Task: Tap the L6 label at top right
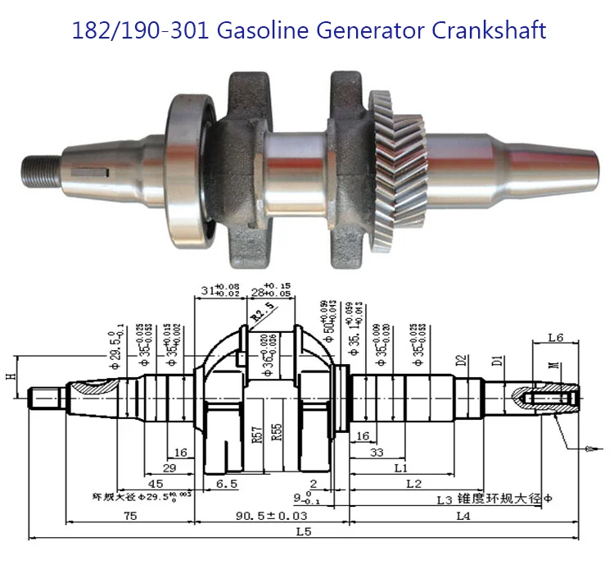point(555,337)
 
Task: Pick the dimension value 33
point(377,452)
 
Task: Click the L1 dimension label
point(401,467)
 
